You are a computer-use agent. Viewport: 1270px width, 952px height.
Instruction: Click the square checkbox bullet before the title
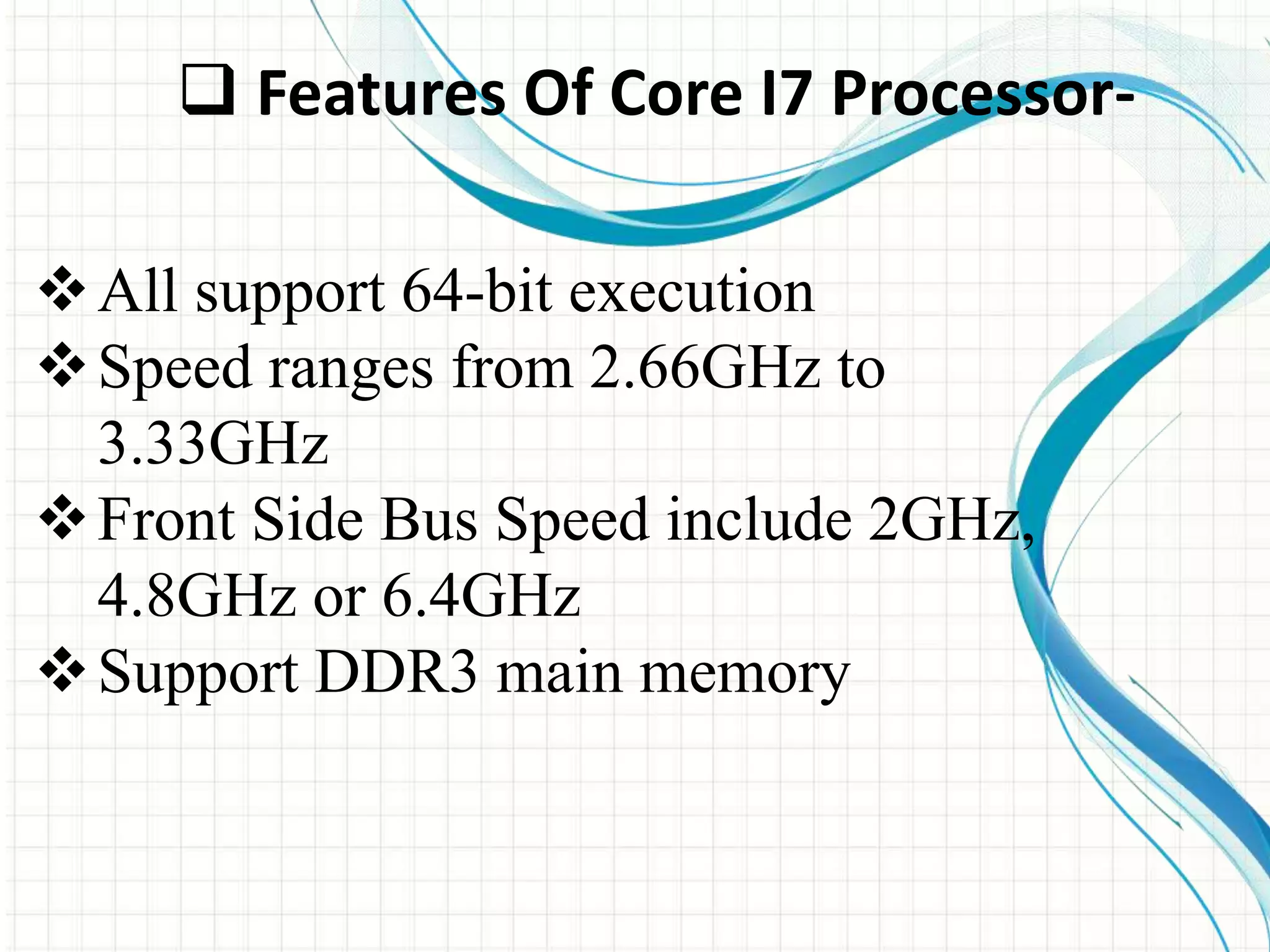point(208,93)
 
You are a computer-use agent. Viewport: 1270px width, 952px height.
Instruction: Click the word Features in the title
point(380,94)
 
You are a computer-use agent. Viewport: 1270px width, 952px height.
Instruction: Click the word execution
point(691,293)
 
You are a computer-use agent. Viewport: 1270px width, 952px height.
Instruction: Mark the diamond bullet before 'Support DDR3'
point(62,671)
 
